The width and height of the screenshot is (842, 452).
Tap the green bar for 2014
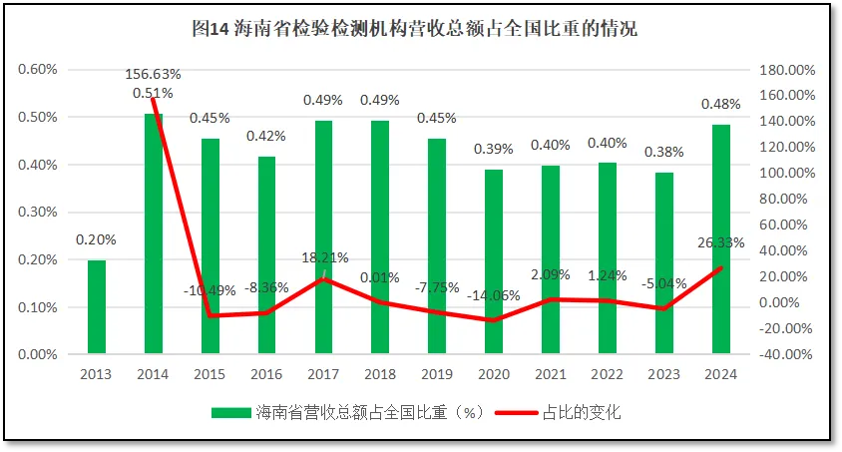click(x=153, y=233)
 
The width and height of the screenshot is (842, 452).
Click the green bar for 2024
click(x=721, y=238)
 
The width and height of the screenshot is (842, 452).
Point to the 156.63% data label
click(x=153, y=75)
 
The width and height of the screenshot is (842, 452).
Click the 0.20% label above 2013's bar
click(x=96, y=239)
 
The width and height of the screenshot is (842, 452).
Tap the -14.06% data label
click(x=494, y=294)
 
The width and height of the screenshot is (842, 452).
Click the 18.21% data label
click(x=324, y=257)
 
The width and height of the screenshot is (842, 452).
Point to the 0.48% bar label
click(x=721, y=104)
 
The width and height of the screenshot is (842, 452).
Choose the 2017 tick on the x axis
click(x=323, y=374)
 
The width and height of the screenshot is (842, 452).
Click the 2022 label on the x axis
click(x=608, y=374)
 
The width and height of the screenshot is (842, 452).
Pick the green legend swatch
click(x=231, y=412)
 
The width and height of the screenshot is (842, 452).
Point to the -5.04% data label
click(x=664, y=283)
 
